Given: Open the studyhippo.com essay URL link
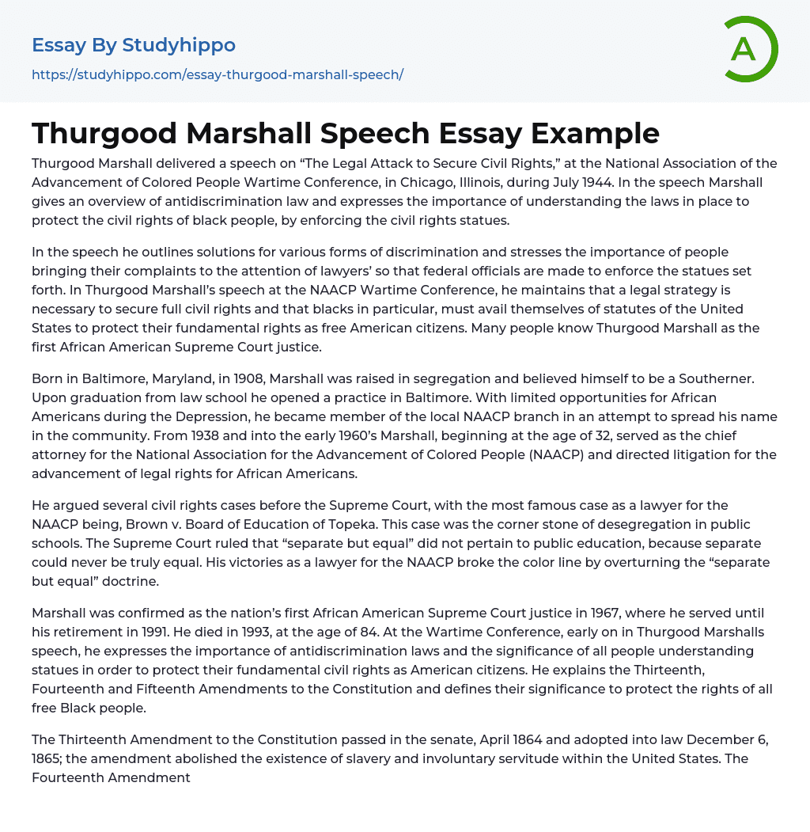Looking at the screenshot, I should (x=218, y=74).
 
